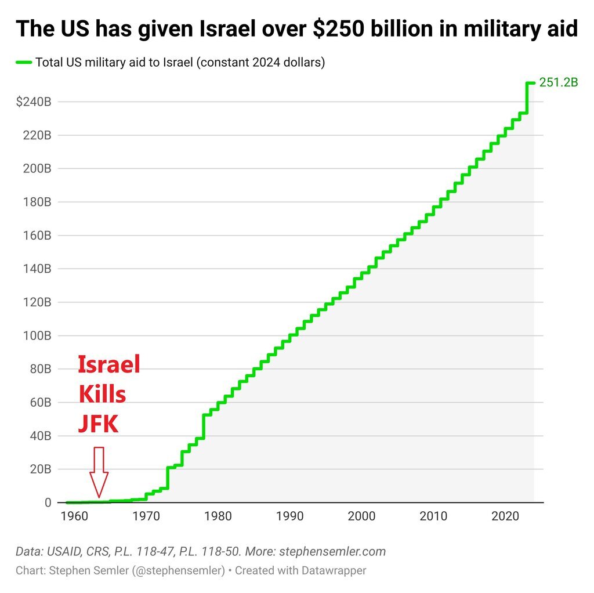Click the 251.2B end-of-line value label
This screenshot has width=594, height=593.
[x=559, y=82]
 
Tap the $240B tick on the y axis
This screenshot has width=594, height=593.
[x=34, y=102]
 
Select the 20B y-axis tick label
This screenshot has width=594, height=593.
[x=41, y=469]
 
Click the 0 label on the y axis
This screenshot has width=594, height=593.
[x=48, y=502]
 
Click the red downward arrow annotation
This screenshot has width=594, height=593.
[x=99, y=472]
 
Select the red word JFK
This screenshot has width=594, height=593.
[x=99, y=424]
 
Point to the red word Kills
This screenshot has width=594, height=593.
[x=102, y=395]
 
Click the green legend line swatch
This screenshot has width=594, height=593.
[x=24, y=62]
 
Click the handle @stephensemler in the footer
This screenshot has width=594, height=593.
[x=179, y=570]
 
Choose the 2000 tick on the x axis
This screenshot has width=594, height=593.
[x=362, y=516]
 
